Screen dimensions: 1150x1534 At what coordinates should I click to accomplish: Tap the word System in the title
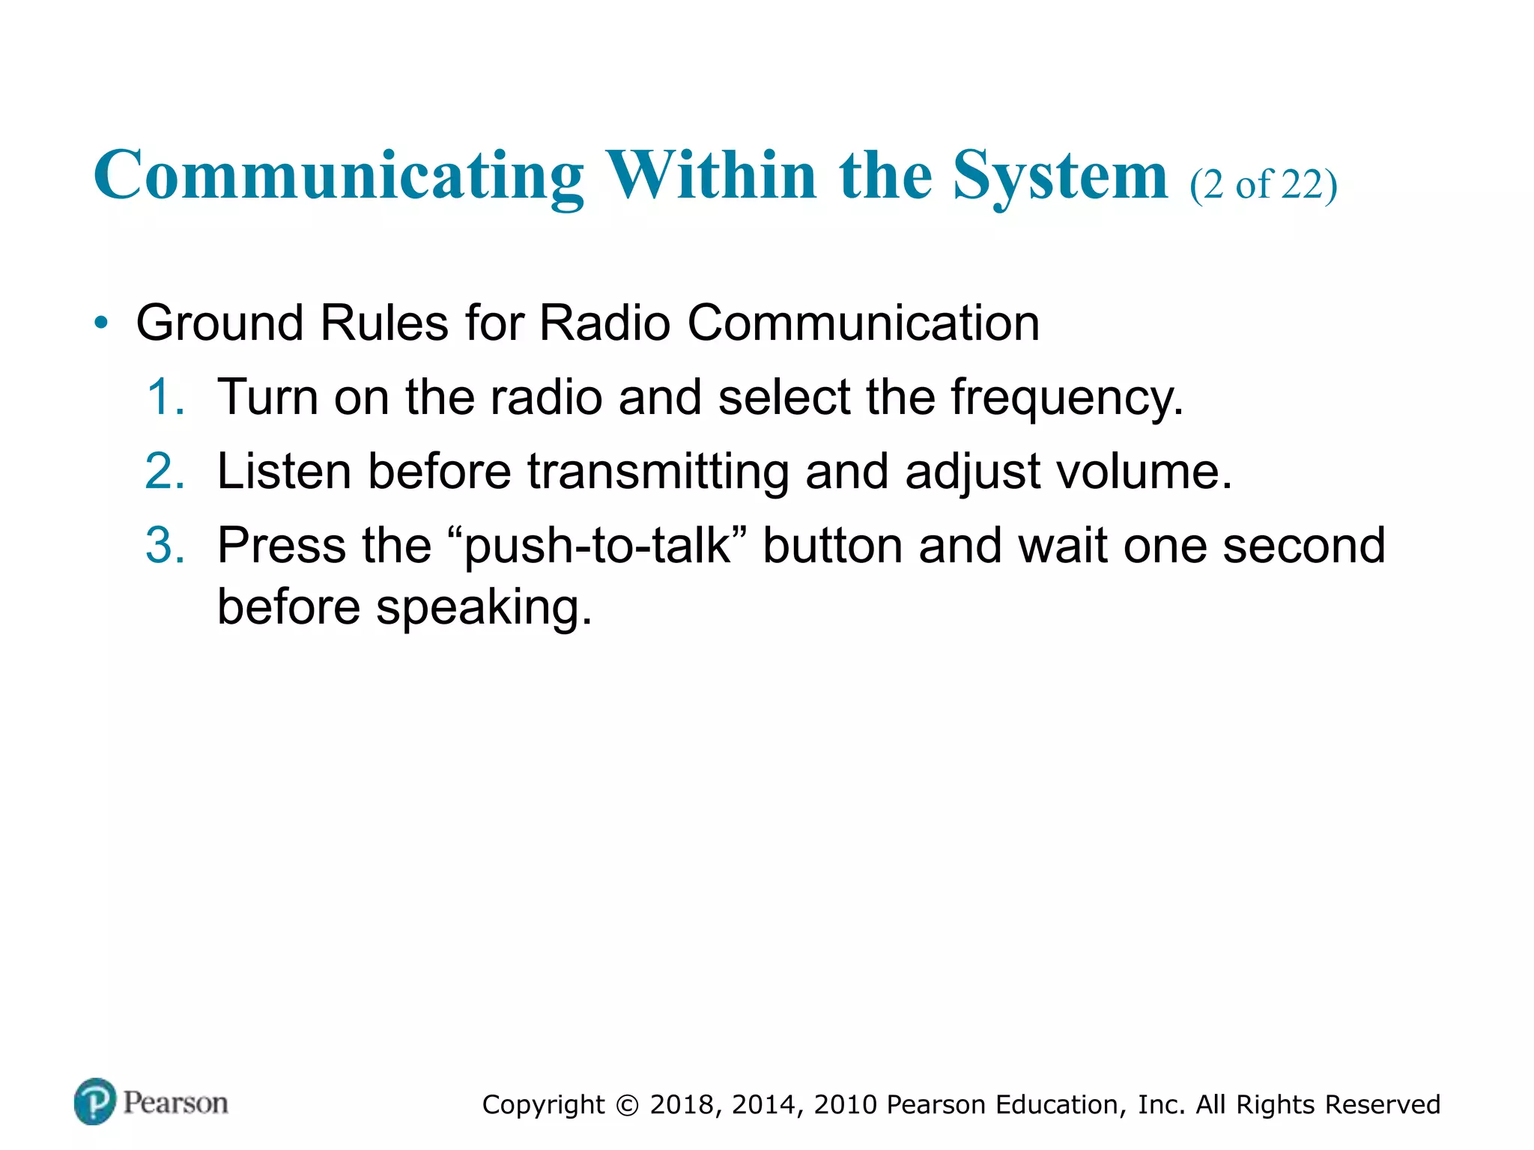pyautogui.click(x=1060, y=176)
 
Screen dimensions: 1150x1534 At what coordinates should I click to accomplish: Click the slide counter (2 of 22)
pyautogui.click(x=1263, y=184)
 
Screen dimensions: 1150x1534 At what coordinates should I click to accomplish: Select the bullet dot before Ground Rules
pyautogui.click(x=101, y=324)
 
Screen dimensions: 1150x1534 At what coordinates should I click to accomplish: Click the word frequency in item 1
pyautogui.click(x=1067, y=398)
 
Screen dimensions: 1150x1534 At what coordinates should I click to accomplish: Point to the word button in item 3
pyautogui.click(x=832, y=545)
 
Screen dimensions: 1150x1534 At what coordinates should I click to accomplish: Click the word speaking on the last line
pyautogui.click(x=483, y=608)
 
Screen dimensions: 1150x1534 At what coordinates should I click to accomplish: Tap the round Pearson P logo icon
pyautogui.click(x=95, y=1101)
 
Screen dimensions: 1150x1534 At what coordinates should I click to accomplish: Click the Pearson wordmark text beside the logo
pyautogui.click(x=175, y=1103)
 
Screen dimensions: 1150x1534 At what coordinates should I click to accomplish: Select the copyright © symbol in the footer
pyautogui.click(x=628, y=1105)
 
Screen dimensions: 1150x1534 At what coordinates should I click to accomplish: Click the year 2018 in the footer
pyautogui.click(x=682, y=1105)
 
